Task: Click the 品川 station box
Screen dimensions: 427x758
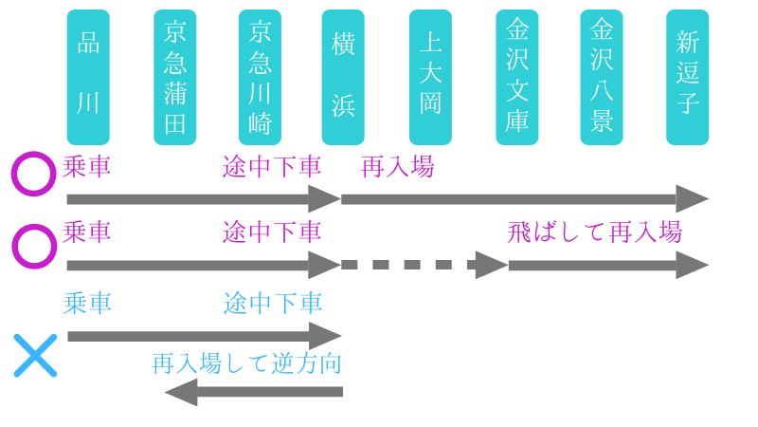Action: point(88,77)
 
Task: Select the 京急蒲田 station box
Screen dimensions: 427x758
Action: point(175,77)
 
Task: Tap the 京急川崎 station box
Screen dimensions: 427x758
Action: point(260,77)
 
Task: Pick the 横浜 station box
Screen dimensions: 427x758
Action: point(343,77)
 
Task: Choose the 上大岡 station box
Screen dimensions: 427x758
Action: point(430,77)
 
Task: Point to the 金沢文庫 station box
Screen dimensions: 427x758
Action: point(517,77)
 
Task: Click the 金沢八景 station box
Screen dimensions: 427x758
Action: point(602,77)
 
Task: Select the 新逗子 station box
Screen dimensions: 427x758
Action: point(687,77)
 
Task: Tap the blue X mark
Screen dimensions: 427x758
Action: point(36,356)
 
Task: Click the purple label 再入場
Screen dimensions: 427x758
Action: point(398,168)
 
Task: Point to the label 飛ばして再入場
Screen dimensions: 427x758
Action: point(594,232)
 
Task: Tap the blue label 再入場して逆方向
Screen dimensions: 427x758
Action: point(246,363)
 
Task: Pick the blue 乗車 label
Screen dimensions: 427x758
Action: point(87,304)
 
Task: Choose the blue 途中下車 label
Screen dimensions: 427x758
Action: point(273,304)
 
